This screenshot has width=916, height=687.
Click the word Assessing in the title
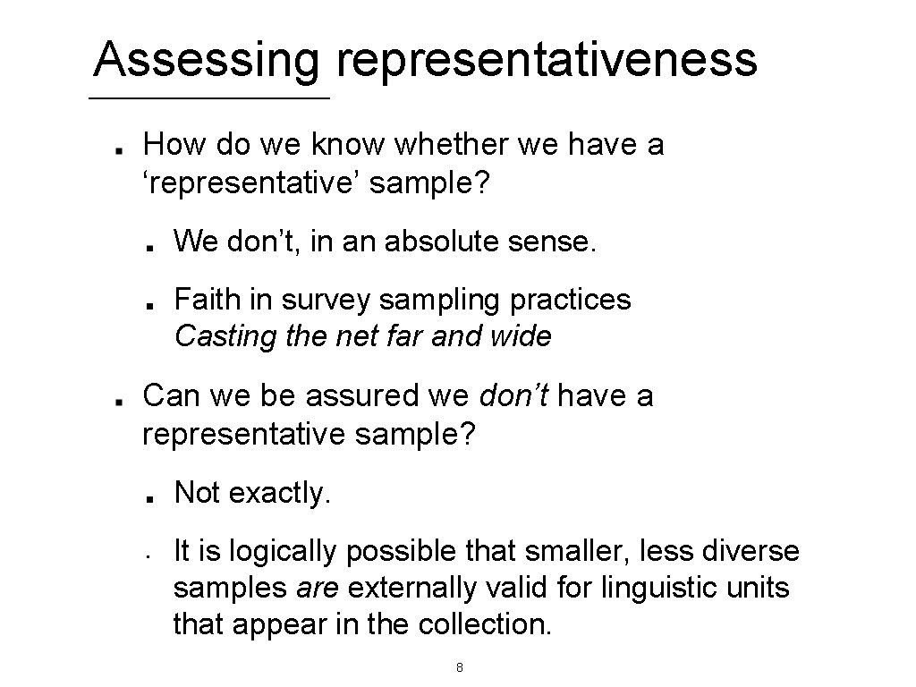click(x=208, y=61)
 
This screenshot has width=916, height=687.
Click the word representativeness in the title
click(x=547, y=61)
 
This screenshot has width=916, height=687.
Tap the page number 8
click(x=459, y=667)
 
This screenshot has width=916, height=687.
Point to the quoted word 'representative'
click(x=251, y=182)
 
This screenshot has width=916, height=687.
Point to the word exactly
click(x=279, y=492)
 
